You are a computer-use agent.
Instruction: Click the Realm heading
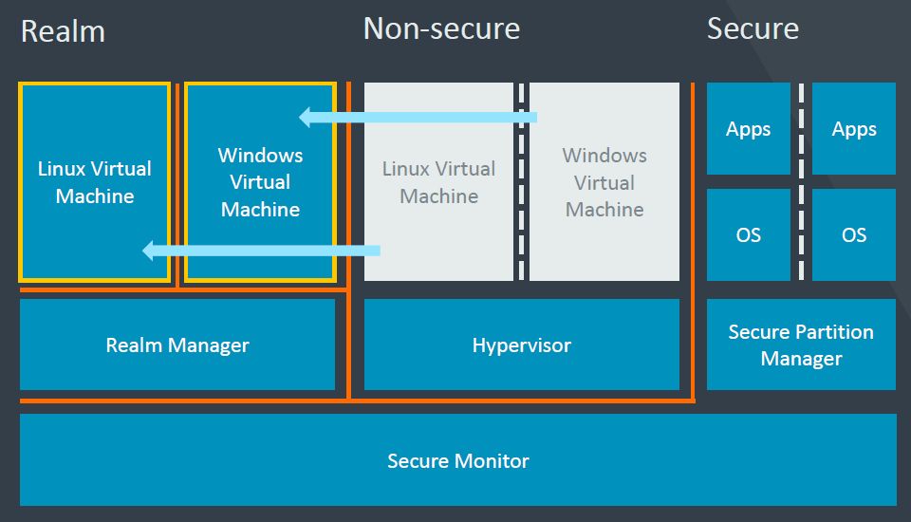(63, 30)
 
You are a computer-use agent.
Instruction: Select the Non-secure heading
(441, 28)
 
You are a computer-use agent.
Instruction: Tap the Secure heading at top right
(753, 28)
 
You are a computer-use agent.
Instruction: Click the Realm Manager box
(177, 345)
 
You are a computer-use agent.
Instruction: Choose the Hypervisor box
(521, 345)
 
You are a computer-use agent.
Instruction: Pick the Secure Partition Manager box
(801, 345)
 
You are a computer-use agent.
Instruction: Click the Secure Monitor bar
(457, 460)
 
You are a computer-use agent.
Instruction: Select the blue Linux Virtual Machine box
(95, 182)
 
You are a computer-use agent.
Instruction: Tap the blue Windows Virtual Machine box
(260, 182)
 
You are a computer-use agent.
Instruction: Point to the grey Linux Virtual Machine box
(438, 182)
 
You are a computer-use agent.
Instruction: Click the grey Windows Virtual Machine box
(604, 182)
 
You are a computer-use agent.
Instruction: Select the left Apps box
(748, 129)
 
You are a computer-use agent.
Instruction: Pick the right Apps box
(854, 129)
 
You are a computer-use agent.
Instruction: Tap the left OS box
(748, 234)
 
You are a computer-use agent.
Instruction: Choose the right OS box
(854, 234)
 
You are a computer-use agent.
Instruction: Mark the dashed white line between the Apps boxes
(801, 129)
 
